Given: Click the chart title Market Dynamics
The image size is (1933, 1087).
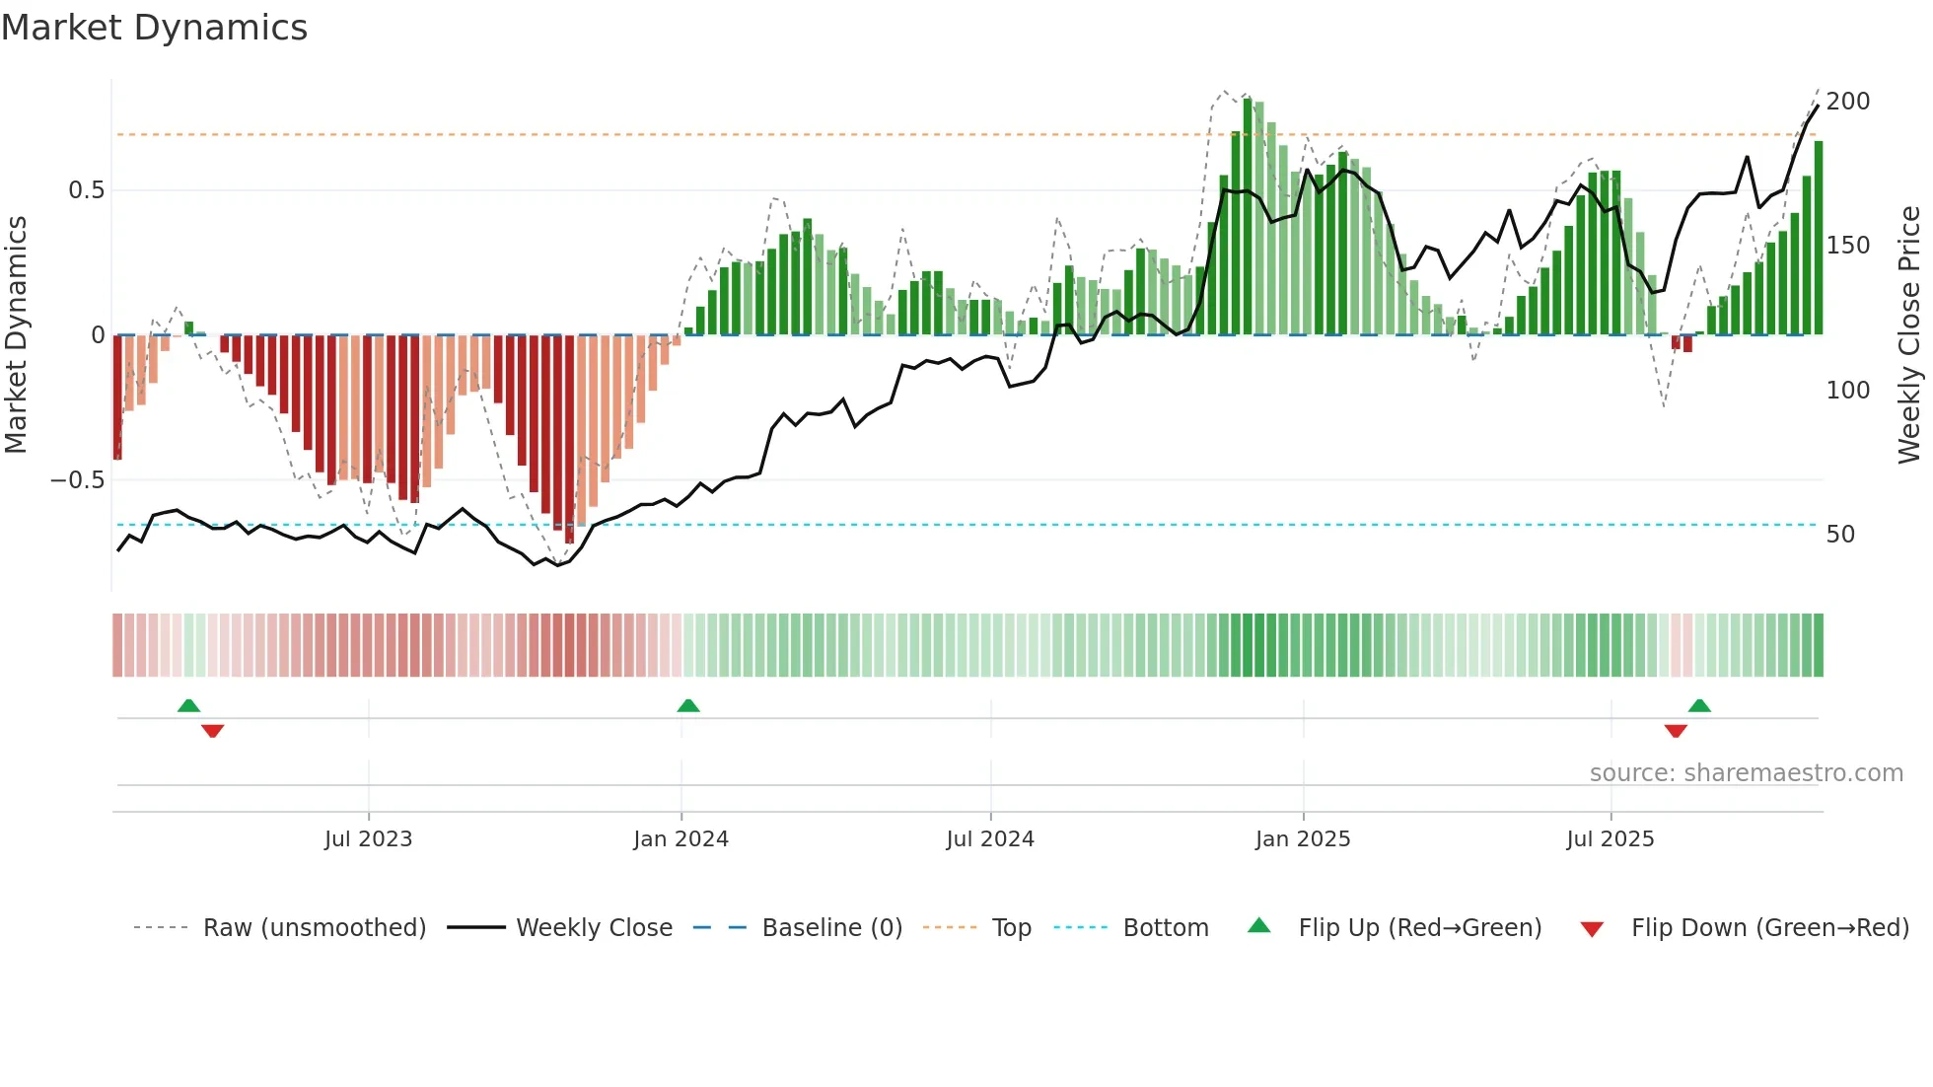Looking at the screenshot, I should click(x=155, y=28).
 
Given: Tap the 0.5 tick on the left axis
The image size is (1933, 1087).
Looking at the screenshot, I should click(x=86, y=190).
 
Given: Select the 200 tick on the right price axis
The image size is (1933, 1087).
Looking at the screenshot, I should click(x=1847, y=102).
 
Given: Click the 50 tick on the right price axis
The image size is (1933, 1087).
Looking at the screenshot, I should click(x=1840, y=535).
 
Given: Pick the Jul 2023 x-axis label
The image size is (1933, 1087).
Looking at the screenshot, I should click(x=368, y=839).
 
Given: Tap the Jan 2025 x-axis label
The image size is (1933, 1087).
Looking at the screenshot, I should click(x=1302, y=839).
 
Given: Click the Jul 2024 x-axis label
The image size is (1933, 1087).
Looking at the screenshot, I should click(x=989, y=839).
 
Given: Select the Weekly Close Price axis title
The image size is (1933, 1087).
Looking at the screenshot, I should click(x=1909, y=335).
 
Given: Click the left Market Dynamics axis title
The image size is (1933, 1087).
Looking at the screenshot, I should click(x=16, y=335).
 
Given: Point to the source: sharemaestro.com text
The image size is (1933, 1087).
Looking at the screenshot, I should click(x=1746, y=773).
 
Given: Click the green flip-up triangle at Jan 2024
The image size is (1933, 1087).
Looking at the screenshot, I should click(x=688, y=705).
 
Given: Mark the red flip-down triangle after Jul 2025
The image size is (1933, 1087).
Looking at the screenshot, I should click(x=1676, y=731).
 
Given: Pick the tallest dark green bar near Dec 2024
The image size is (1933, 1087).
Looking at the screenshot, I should click(x=1248, y=217).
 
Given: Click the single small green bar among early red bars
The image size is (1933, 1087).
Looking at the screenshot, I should click(x=189, y=327).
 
